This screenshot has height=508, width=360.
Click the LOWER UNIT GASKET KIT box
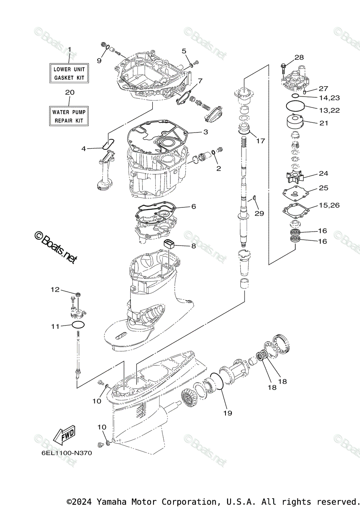click(69, 73)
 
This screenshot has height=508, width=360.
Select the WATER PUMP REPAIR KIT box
click(69, 116)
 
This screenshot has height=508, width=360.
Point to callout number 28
click(299, 58)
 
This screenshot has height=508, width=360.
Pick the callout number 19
click(228, 413)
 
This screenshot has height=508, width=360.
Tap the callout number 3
click(206, 132)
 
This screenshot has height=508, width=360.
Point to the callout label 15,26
click(329, 205)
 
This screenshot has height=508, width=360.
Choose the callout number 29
click(259, 213)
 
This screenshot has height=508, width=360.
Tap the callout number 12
click(55, 290)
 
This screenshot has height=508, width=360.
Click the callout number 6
click(193, 207)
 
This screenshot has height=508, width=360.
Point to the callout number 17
click(261, 141)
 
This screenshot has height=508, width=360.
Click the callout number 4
click(84, 149)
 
